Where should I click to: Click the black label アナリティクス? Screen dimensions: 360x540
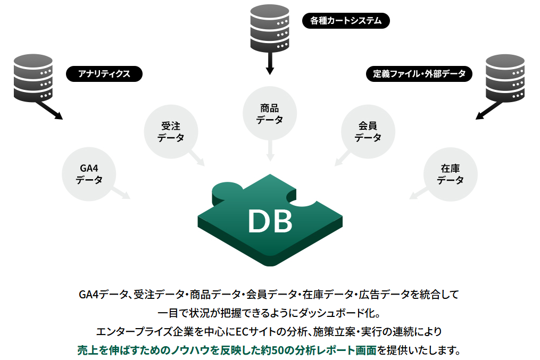coord(104,74)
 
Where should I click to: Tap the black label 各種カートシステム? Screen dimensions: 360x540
coord(346,21)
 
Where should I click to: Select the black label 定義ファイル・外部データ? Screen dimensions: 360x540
coord(419,73)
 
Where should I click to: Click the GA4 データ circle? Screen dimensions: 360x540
coord(89,174)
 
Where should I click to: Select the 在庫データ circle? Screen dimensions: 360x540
coord(450,174)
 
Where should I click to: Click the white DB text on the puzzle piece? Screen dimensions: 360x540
coord(270,221)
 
